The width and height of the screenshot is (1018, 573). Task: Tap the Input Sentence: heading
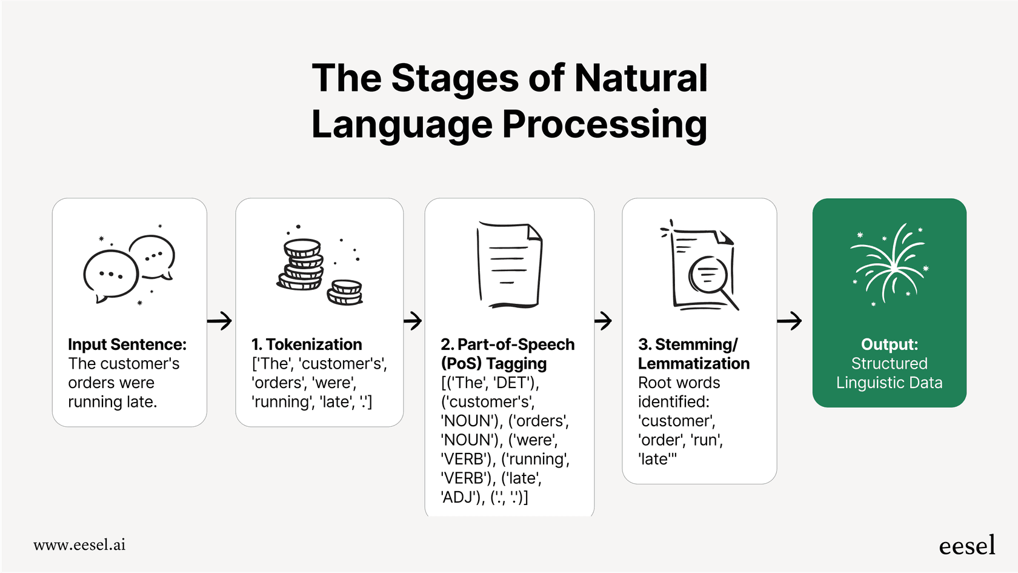(127, 344)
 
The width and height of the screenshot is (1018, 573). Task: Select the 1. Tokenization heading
(307, 344)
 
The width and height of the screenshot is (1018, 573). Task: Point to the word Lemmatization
(693, 364)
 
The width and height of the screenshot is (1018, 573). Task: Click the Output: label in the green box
(889, 344)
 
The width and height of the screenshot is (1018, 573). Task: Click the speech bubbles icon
(129, 267)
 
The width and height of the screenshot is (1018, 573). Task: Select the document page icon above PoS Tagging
(509, 265)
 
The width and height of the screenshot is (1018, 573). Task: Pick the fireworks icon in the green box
(890, 264)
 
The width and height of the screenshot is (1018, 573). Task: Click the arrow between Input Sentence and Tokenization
(220, 320)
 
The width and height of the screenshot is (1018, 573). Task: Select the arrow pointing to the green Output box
(790, 320)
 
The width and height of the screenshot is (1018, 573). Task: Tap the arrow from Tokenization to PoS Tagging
(413, 320)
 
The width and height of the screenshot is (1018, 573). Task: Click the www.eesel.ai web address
(79, 545)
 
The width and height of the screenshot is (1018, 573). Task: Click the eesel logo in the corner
(966, 546)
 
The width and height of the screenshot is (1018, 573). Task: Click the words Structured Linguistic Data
(889, 374)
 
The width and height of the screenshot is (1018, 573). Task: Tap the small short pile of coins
(345, 292)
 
